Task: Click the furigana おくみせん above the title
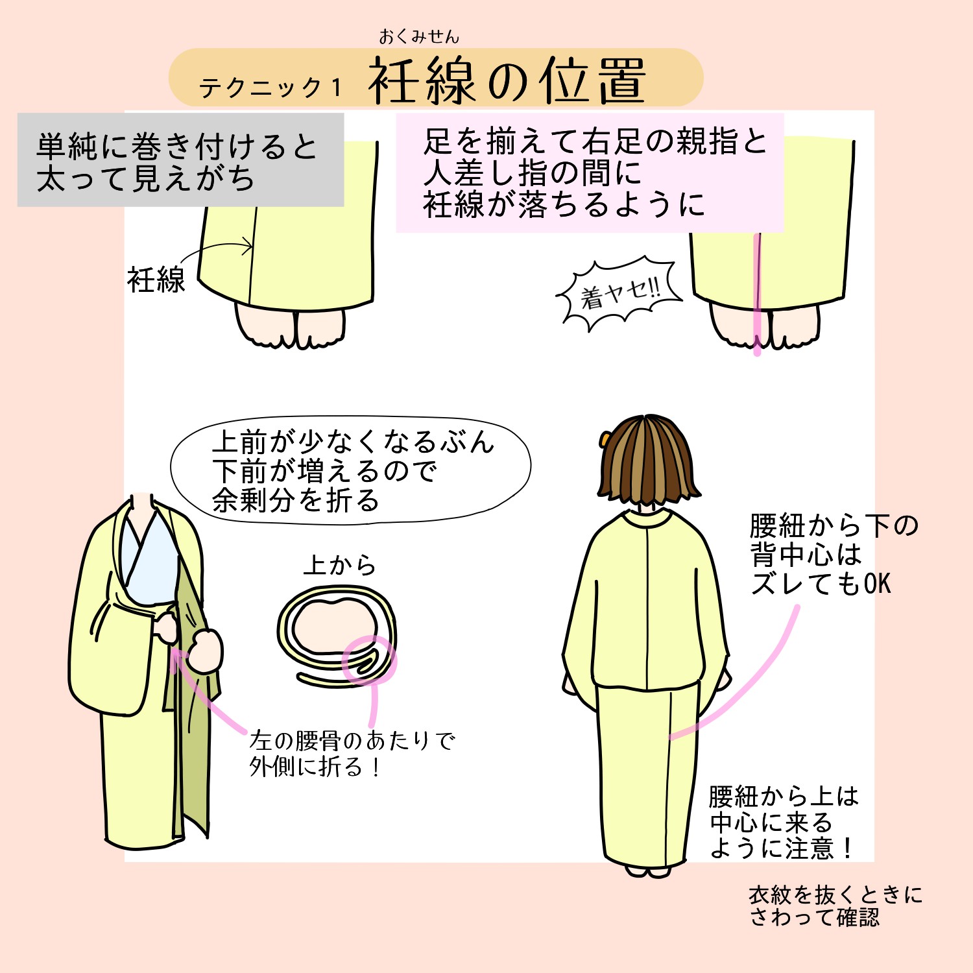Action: tap(419, 36)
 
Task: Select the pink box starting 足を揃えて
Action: tap(590, 173)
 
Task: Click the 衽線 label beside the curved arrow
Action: tap(156, 280)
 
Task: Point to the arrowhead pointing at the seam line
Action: tap(246, 245)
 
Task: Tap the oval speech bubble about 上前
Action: tap(350, 470)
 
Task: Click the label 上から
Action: tap(340, 565)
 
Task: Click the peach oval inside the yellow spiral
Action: tap(333, 626)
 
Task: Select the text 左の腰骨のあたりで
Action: tap(352, 740)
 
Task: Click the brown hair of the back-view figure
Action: tap(649, 461)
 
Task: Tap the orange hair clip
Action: tap(605, 440)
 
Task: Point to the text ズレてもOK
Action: tap(821, 584)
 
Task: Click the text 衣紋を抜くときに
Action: tap(835, 895)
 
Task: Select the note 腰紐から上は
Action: tap(784, 797)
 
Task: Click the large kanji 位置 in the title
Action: tap(594, 81)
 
